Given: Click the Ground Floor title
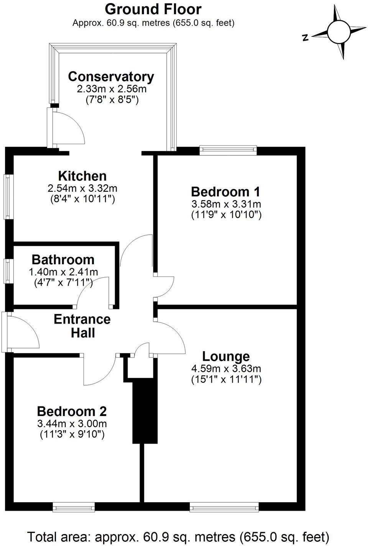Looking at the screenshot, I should coord(153,9).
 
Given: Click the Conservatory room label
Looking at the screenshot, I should coord(111,77).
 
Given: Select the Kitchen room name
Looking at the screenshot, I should coord(82,176).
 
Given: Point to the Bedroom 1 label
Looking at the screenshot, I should coord(226,191).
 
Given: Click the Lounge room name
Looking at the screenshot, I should coord(226,356).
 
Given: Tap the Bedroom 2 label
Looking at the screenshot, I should coord(72,411).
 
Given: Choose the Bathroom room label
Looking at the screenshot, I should coord(63,260).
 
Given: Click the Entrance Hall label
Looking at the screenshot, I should coord(82,326).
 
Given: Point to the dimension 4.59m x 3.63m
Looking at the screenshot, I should coord(226,369).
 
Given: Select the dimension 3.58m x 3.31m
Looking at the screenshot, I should coord(226,204).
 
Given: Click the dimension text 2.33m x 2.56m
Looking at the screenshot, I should coord(112,89).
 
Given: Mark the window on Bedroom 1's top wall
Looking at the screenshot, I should coord(228,150).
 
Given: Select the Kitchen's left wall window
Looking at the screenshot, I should coord(8,197).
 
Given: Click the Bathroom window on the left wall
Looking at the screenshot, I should coord(8,271).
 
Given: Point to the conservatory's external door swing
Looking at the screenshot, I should coord(69,127).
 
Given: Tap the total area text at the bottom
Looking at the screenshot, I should coord(178,536).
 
